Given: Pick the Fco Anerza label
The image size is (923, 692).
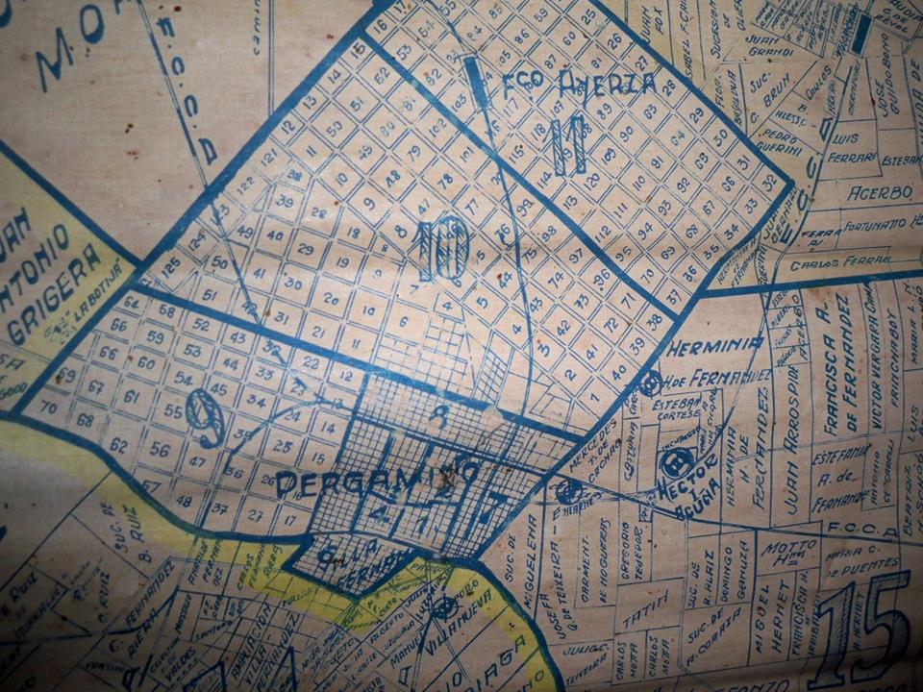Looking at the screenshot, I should [580, 86].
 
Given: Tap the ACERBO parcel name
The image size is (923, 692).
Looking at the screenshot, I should [880, 192].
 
